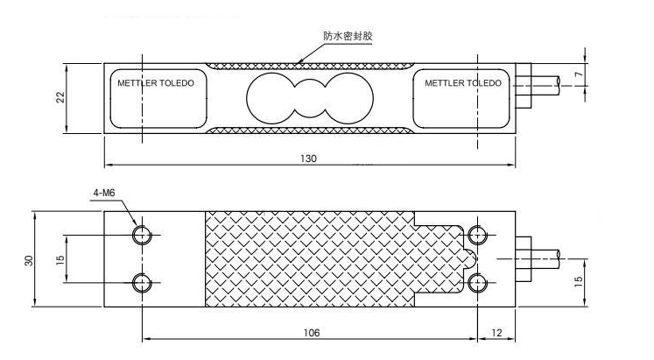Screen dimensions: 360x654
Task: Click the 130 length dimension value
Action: tap(307, 159)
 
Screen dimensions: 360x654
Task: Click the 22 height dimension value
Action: tap(60, 98)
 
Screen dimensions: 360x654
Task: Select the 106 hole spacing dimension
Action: tap(311, 333)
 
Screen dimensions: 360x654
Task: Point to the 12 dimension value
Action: tap(497, 333)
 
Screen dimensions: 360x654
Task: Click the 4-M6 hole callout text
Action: tap(103, 192)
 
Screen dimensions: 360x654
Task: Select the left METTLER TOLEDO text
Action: tap(156, 83)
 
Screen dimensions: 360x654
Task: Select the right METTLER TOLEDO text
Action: tap(463, 83)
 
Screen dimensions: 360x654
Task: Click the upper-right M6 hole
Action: tap(477, 235)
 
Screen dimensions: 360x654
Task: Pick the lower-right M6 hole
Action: tap(477, 282)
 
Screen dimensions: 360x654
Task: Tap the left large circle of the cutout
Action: tap(271, 98)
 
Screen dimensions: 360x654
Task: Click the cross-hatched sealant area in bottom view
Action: tap(306, 260)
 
